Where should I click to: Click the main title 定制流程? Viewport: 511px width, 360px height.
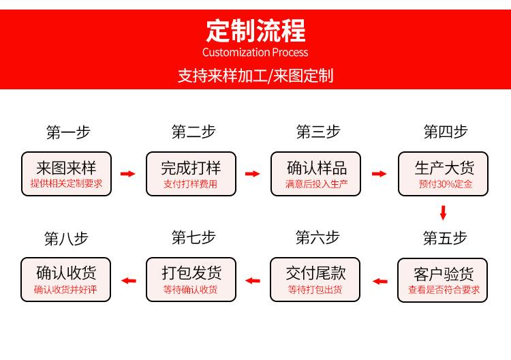pos(255,31)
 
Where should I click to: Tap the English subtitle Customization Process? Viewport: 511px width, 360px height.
pos(255,52)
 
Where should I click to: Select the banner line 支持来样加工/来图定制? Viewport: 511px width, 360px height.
pos(255,76)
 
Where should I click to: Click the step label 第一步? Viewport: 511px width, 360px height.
pos(68,132)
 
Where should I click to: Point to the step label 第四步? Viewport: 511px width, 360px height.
pos(446,132)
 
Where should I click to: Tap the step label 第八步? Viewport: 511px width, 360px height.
pos(66,239)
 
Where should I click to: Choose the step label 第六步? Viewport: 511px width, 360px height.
pos(318,237)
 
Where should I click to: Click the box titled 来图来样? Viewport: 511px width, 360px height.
pos(67,174)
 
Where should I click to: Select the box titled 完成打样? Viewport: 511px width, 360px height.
pos(191,174)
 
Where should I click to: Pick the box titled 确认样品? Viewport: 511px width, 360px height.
pos(315,174)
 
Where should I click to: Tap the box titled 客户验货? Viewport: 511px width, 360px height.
pos(443,280)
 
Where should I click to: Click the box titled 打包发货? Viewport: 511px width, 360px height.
pos(191,280)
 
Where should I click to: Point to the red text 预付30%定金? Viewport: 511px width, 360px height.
pos(446,184)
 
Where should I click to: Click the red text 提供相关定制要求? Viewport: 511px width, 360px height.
pos(67,183)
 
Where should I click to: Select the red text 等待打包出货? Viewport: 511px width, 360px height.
pos(315,289)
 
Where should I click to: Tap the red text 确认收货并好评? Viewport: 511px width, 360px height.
pos(65,289)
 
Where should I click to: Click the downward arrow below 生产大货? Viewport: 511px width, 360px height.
pos(443,213)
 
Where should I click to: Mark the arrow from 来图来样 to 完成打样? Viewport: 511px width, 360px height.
pos(128,173)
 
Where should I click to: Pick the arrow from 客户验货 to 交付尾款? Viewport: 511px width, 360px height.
pos(380,281)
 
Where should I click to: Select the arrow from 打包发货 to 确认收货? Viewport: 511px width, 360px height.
pos(128,280)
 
